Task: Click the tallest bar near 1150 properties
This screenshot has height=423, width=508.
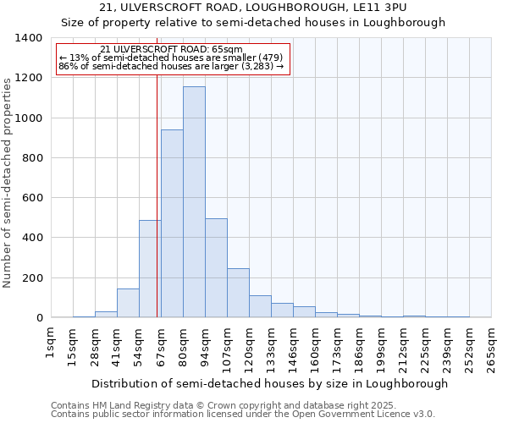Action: pos(194,203)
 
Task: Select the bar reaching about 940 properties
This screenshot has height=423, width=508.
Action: pos(172,224)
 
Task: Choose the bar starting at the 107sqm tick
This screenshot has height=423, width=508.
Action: pos(238,293)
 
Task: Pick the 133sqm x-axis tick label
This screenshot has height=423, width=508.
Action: pos(272,346)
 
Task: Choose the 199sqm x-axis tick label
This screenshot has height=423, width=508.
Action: pos(382,346)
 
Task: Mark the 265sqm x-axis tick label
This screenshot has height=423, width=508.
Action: pos(492,346)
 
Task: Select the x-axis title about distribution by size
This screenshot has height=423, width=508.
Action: pos(269,383)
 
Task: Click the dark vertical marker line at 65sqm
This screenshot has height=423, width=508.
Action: pos(157,195)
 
